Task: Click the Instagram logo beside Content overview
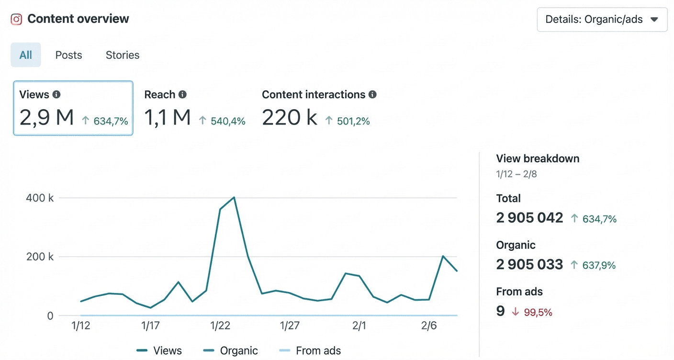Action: pyautogui.click(x=16, y=19)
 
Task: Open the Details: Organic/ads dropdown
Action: pyautogui.click(x=602, y=20)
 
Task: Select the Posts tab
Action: pyautogui.click(x=68, y=55)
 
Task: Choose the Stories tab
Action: pyautogui.click(x=123, y=55)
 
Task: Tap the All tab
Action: pyautogui.click(x=26, y=55)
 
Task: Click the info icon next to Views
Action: pyautogui.click(x=56, y=94)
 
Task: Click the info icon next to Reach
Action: pyautogui.click(x=182, y=94)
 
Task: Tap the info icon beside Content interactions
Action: pyautogui.click(x=372, y=94)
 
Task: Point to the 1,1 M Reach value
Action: pyautogui.click(x=168, y=118)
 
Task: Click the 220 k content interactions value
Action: pyautogui.click(x=289, y=118)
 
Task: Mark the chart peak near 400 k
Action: pyautogui.click(x=234, y=197)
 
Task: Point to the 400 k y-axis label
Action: pyautogui.click(x=40, y=198)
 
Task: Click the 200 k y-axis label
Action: pyautogui.click(x=40, y=257)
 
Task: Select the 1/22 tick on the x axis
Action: pyautogui.click(x=220, y=326)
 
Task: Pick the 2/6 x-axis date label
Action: pyautogui.click(x=429, y=326)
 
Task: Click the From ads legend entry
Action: pyautogui.click(x=310, y=350)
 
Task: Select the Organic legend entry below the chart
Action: pyautogui.click(x=231, y=350)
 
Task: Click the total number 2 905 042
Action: pyautogui.click(x=529, y=218)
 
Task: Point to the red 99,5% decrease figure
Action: pyautogui.click(x=539, y=313)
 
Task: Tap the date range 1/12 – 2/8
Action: pyautogui.click(x=517, y=174)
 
